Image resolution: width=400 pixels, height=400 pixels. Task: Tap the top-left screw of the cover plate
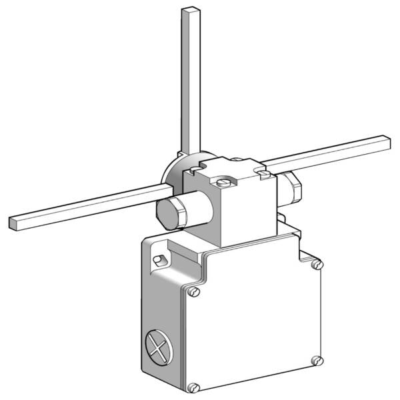point(194,291)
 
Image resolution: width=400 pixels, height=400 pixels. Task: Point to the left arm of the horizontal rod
point(87,205)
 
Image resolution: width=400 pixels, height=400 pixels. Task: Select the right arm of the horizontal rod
point(333,152)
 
